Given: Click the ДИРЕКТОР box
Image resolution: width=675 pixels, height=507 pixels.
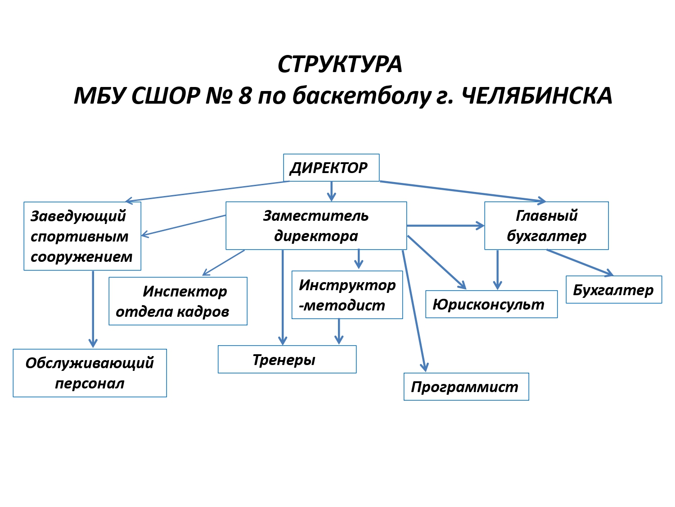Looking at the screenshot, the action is [x=331, y=168].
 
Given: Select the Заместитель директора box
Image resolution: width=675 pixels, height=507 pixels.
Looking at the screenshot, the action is [x=316, y=225].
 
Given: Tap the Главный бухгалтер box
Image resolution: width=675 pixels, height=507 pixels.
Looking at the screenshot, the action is [x=546, y=225].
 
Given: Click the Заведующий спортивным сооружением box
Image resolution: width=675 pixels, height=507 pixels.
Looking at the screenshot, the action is [x=82, y=236].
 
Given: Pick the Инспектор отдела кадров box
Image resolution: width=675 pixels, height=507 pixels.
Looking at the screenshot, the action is [x=178, y=301].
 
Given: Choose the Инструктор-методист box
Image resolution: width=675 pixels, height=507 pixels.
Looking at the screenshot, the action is [x=347, y=295].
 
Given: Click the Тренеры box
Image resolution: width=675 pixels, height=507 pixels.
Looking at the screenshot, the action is [x=287, y=359].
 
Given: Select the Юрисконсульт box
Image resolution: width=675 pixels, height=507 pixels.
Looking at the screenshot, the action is [x=491, y=304].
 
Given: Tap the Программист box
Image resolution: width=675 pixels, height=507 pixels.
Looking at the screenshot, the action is [x=466, y=386].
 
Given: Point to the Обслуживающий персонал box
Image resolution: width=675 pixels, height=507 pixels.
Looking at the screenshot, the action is [x=90, y=373].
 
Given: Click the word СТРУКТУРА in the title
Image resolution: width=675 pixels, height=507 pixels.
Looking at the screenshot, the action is [x=339, y=64].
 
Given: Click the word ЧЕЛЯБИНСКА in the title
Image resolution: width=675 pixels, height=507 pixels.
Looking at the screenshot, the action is [x=537, y=96].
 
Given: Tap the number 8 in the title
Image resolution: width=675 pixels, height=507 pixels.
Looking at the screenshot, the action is [x=245, y=96].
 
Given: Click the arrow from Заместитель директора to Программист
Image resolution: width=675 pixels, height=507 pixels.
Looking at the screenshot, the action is [x=414, y=311].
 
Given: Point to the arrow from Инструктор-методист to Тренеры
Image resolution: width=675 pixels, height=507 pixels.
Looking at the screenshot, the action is [x=338, y=331].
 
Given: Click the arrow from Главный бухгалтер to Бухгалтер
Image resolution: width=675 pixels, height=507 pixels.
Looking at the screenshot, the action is [x=580, y=263].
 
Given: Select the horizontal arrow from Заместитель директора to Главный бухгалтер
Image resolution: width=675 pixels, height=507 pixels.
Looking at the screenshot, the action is [x=445, y=226].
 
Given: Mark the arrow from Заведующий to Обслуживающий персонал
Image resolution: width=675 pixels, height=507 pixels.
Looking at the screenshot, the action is [x=93, y=309].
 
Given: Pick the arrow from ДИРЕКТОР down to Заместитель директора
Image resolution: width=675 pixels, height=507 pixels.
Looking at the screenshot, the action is [x=331, y=191].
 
